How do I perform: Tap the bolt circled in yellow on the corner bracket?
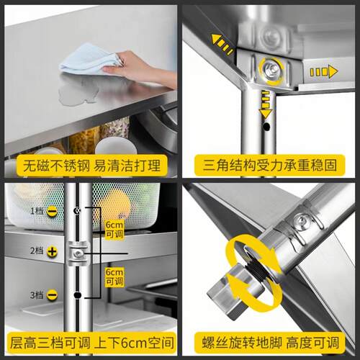tap(271, 68)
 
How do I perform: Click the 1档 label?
tap(37, 211)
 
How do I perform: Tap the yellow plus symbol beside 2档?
tap(52, 251)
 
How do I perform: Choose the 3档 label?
tap(37, 294)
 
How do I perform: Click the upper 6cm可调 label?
tap(114, 230)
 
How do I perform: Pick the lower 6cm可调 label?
tap(114, 276)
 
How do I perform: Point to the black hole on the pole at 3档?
tap(77, 294)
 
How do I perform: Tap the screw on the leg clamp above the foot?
tap(300, 217)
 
